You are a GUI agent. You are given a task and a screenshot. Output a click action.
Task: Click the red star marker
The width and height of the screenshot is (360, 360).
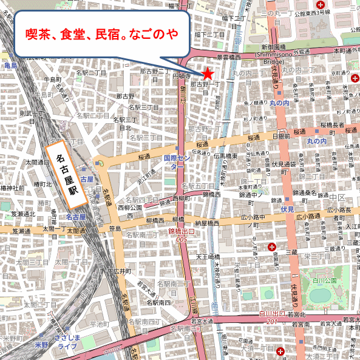point(208,73)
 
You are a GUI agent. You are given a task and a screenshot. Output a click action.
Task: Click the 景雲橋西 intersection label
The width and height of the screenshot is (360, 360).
point(231,57)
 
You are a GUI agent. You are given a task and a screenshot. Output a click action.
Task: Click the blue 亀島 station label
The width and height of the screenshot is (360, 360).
point(10,65)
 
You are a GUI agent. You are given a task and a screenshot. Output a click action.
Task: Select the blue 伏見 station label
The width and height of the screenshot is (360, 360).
point(288,209)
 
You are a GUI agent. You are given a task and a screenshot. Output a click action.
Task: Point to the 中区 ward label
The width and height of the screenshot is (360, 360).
point(337,198)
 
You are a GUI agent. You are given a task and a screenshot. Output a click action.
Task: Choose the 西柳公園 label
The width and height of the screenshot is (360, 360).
point(129,212)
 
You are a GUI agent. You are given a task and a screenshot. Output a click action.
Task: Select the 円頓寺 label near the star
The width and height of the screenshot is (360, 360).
point(182,76)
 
